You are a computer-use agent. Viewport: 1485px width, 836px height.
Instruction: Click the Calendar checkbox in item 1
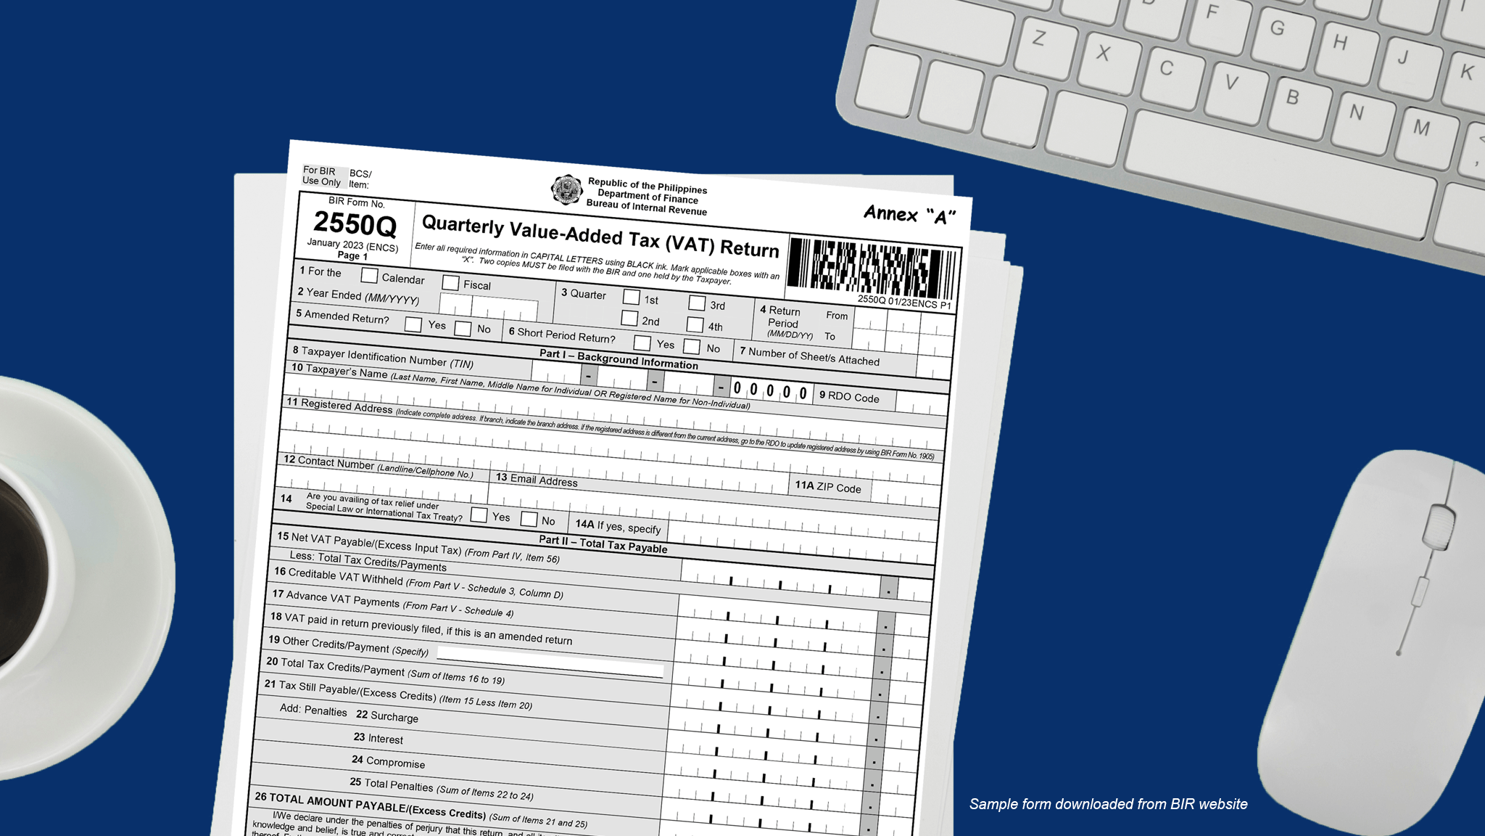[x=369, y=276]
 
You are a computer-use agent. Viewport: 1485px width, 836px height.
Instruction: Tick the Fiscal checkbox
[x=450, y=282]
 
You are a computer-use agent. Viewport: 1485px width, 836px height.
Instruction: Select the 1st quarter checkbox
[x=631, y=297]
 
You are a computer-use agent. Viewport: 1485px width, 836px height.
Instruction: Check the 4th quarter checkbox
[x=695, y=324]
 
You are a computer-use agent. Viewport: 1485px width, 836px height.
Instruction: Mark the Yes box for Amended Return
[x=413, y=324]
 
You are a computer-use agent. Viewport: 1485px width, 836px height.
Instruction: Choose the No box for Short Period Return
[x=692, y=346]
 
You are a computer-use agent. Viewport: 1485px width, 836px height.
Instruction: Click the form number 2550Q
[x=355, y=224]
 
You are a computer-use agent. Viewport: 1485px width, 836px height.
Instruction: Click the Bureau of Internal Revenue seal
[x=566, y=189]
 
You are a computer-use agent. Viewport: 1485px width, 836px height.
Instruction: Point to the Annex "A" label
[x=909, y=214]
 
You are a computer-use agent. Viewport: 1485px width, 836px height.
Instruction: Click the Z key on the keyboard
[x=1039, y=38]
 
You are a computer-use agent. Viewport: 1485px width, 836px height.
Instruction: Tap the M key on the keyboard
[x=1421, y=128]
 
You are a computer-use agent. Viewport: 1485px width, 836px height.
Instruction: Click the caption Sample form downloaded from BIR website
[x=1108, y=804]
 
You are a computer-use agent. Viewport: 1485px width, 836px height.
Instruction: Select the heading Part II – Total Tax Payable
[x=603, y=544]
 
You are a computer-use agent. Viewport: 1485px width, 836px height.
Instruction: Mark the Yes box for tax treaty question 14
[x=479, y=515]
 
